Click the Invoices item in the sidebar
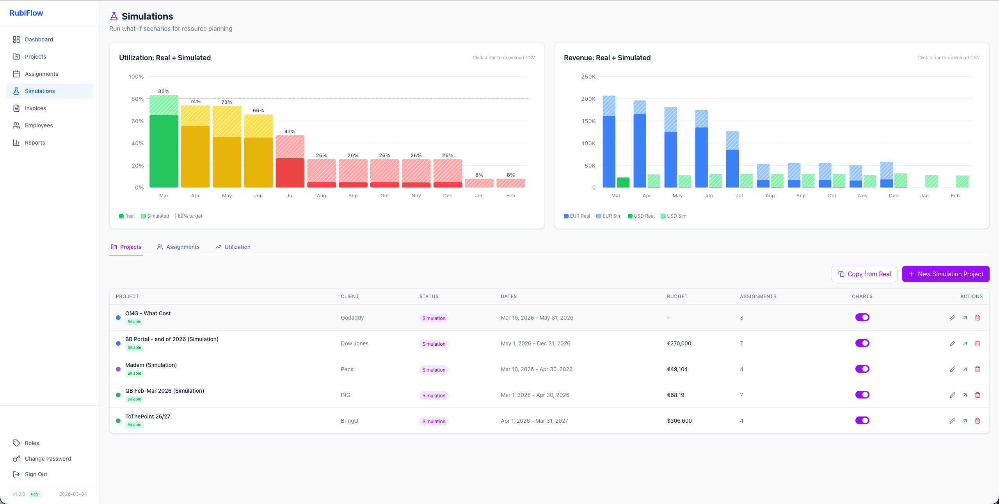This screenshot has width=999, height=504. pos(35,108)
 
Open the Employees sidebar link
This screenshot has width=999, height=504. pos(39,125)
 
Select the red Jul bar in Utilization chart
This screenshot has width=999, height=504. pos(290,173)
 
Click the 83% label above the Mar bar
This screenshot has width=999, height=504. pos(164,91)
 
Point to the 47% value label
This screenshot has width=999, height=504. pos(290,132)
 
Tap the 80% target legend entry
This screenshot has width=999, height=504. pos(190,216)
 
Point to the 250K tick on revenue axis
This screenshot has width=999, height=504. pos(588,77)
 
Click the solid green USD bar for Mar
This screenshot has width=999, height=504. pos(623,182)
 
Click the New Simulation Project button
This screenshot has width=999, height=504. pos(946,274)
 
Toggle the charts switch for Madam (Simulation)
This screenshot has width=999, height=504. pos(862,369)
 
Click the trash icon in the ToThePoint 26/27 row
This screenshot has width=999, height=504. pos(978,421)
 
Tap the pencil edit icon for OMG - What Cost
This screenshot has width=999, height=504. pos(953,318)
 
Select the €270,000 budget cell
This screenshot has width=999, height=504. pos(679,343)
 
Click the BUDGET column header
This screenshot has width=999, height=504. pos(677,297)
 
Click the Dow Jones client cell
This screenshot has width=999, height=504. pos(354,343)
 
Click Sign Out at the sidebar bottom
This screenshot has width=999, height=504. pos(36,474)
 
